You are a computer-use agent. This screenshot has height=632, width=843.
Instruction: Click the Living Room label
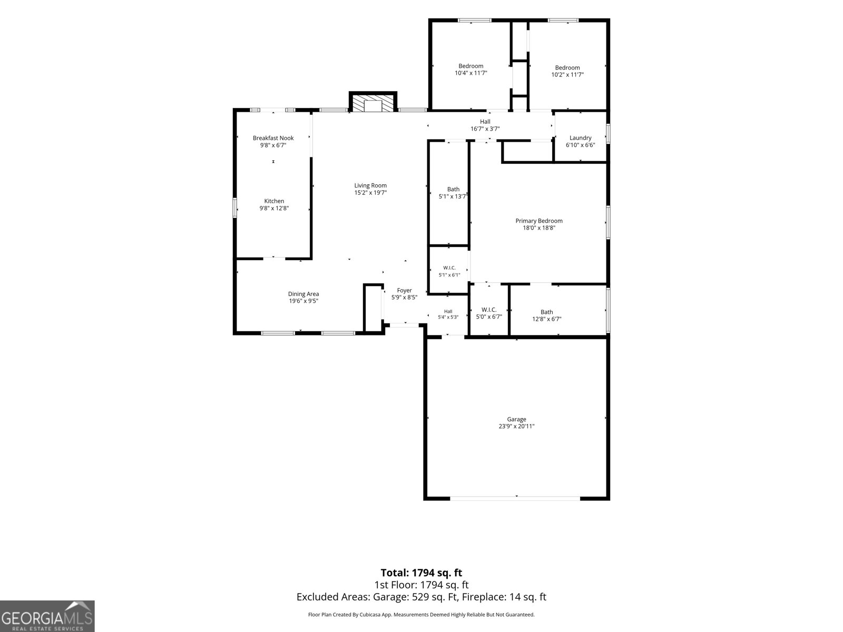point(370,186)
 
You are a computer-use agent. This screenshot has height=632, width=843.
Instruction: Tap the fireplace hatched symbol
point(373,103)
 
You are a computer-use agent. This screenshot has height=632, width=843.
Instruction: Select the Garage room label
point(516,419)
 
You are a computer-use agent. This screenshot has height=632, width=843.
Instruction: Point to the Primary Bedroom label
point(539,221)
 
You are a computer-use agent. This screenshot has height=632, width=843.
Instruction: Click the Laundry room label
point(580,138)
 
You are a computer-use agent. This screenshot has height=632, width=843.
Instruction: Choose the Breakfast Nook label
point(273,138)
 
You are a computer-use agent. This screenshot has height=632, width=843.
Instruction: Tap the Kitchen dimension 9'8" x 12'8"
point(274,209)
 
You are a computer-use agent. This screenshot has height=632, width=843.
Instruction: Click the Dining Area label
point(303,294)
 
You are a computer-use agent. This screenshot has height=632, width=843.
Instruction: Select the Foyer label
point(404,291)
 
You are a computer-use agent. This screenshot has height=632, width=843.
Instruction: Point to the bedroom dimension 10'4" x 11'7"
point(471,73)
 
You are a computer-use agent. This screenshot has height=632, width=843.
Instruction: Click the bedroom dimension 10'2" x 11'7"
point(567,75)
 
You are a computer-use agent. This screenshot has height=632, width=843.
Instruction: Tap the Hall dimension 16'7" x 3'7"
point(485,129)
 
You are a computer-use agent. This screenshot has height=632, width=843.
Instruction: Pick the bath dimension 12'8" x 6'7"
point(546,319)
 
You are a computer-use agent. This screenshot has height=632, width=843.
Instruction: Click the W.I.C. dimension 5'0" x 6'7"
point(489,317)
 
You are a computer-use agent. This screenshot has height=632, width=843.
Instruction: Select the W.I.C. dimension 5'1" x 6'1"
point(449,275)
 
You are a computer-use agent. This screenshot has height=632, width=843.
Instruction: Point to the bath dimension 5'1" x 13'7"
point(453,196)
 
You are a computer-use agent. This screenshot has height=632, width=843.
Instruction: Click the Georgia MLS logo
point(47,616)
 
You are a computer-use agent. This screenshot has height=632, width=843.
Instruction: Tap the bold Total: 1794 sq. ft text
point(421,573)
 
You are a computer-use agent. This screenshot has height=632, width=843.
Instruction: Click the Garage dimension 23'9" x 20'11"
point(516,426)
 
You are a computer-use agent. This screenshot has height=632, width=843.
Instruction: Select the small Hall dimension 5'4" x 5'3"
point(448,318)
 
